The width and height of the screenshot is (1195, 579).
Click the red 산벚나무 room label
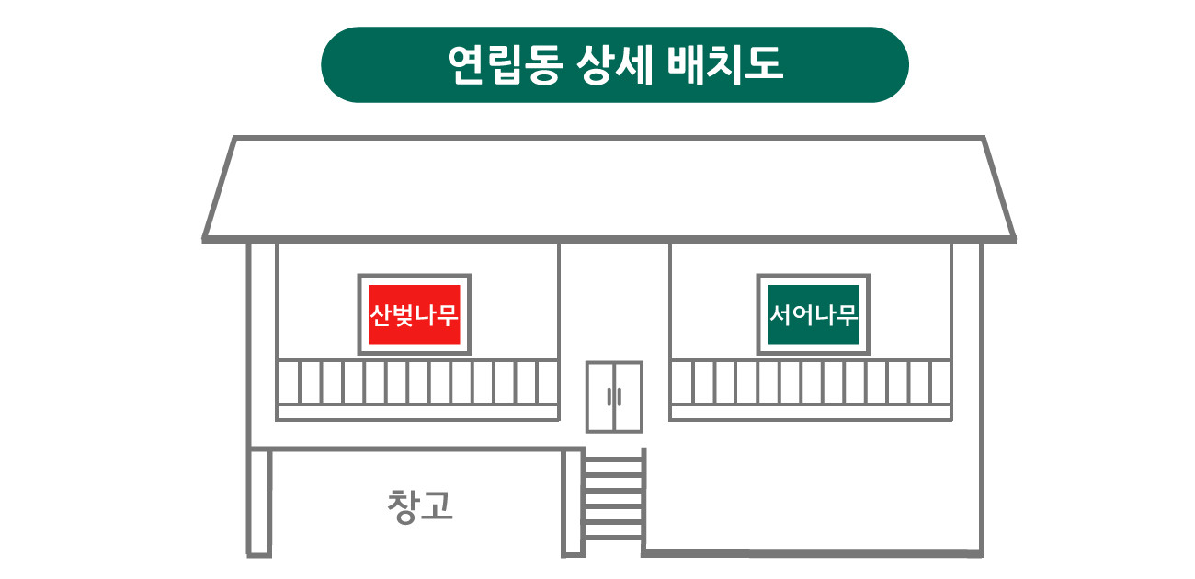click(x=414, y=314)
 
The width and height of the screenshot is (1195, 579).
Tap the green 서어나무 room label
click(x=813, y=314)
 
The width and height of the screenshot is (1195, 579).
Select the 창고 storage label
click(x=420, y=506)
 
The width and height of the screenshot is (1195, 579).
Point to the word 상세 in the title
click(x=615, y=64)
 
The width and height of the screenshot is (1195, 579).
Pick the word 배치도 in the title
click(x=725, y=64)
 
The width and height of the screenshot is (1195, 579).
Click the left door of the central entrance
click(x=600, y=397)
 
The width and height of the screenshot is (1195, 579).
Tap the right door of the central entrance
click(x=629, y=397)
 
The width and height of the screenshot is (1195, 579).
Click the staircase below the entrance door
click(x=613, y=498)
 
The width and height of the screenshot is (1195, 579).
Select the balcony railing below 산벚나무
click(x=417, y=390)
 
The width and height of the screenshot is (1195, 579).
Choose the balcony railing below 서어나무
click(x=811, y=390)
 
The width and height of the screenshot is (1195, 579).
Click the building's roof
click(x=609, y=189)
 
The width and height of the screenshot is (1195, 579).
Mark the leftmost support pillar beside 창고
click(x=259, y=503)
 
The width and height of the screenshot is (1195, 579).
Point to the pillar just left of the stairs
click(x=572, y=503)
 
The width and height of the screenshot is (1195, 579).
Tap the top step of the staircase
click(x=613, y=458)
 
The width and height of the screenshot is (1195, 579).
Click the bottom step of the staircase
click(x=613, y=538)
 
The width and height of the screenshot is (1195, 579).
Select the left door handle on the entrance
click(x=609, y=397)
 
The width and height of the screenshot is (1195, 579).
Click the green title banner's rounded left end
click(x=341, y=64)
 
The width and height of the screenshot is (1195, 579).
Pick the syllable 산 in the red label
click(x=381, y=314)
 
